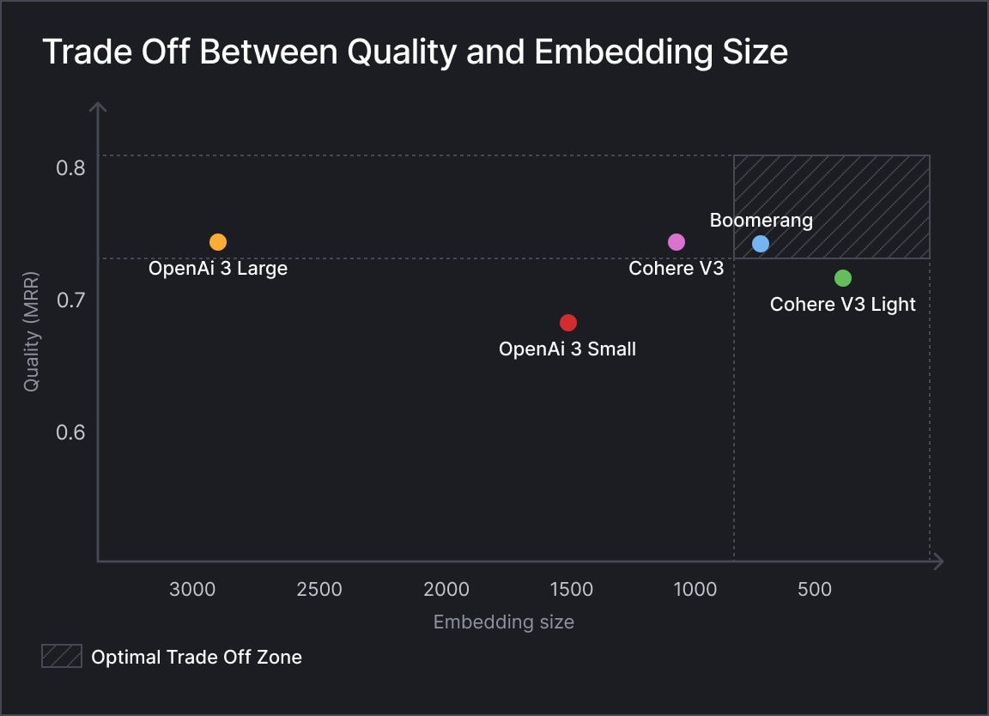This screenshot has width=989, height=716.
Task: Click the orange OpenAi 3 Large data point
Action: pos(218,242)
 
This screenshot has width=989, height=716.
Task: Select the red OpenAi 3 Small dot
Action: pos(568,323)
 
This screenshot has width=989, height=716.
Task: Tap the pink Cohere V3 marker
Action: pos(677,242)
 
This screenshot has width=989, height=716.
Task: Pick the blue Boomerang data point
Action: pos(761,244)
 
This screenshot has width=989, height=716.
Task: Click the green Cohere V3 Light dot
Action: pos(843,278)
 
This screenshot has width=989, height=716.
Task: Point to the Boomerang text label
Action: pos(761,221)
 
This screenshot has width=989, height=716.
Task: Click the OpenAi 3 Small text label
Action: pos(567,349)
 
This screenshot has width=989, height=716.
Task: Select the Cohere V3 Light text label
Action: pos(842,305)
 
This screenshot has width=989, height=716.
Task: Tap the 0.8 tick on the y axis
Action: pos(70,167)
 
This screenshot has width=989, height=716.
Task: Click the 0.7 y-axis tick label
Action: pos(70,300)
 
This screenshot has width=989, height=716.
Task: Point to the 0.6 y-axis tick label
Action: pos(70,432)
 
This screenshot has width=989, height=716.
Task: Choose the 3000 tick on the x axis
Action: pos(191,590)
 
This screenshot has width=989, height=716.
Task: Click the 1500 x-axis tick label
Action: pos(571,590)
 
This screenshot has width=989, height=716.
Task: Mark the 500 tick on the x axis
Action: pos(815,590)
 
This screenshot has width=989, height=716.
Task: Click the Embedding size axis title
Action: pos(503,622)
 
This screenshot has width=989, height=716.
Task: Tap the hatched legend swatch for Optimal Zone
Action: pos(62,657)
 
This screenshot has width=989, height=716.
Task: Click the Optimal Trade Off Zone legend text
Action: pos(197,658)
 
